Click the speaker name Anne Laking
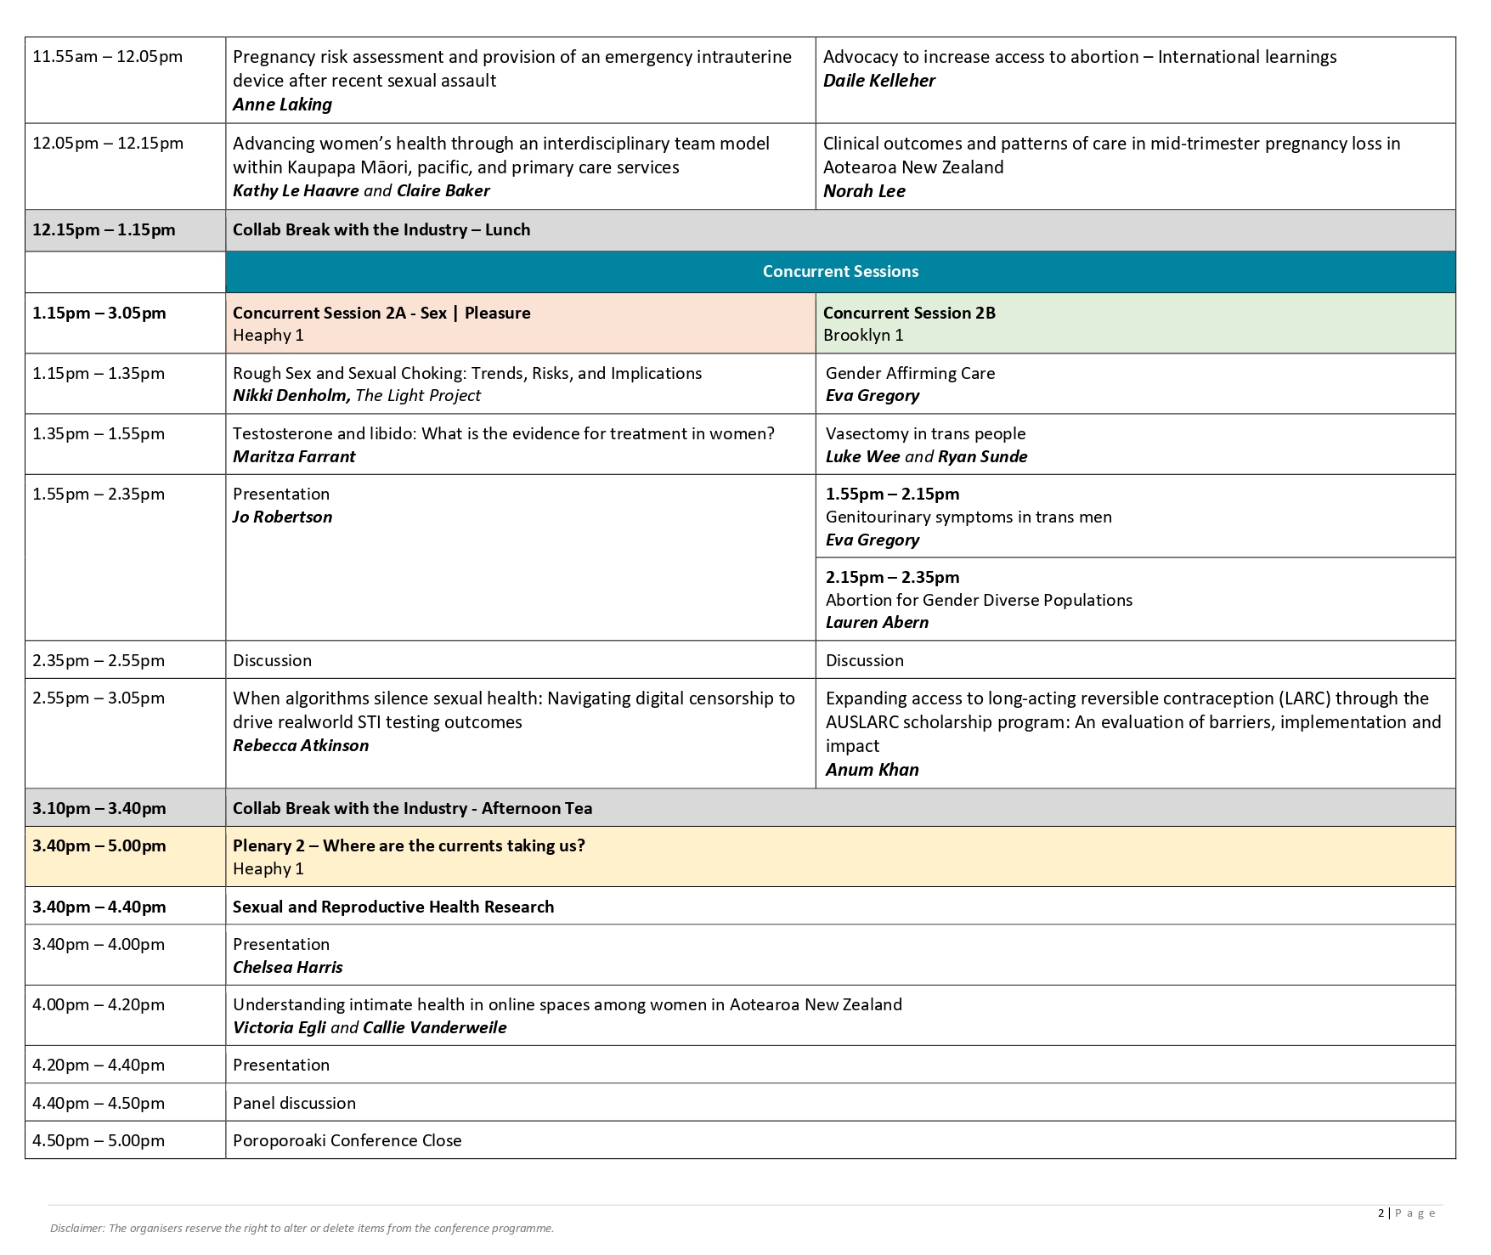282,105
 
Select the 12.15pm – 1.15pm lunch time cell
104,230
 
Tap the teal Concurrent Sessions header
840,272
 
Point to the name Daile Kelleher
878,81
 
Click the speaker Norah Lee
864,191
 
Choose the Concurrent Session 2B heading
908,313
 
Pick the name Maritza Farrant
294,457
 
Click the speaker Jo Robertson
282,517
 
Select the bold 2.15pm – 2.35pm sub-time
892,578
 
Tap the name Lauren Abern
877,623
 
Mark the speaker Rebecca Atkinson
301,746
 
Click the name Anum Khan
872,770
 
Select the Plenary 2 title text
409,846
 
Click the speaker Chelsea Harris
287,968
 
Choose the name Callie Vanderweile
434,1028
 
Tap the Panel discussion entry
294,1104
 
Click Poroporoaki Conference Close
347,1141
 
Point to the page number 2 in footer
1381,1213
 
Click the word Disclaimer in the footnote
76,1229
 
